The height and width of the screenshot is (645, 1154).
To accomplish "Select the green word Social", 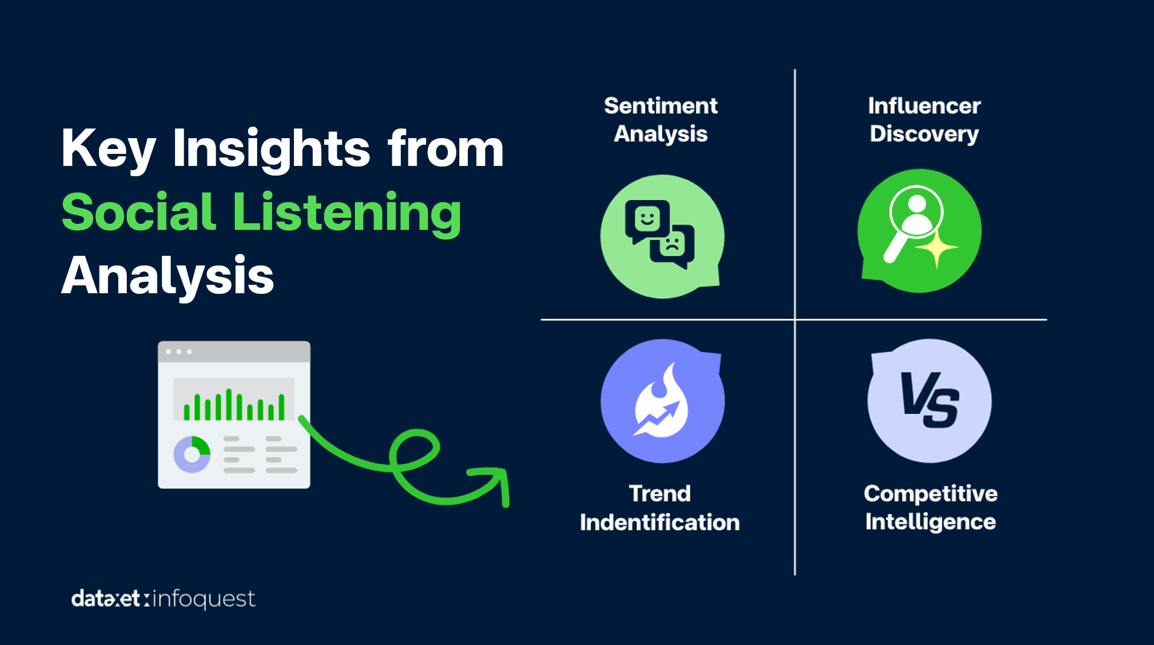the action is coord(139,212).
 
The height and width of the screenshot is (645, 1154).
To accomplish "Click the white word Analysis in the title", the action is coord(168,276).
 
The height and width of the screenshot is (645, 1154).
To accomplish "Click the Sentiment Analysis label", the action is coord(661,120).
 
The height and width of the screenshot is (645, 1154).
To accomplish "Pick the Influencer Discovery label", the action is coord(924,120).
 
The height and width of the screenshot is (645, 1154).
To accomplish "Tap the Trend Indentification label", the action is coord(660,508).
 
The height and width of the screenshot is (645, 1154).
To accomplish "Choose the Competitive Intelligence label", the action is coord(930,508).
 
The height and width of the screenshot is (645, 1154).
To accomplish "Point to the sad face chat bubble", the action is coord(672,247).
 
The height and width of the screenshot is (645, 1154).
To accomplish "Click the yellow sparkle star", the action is coord(936,249).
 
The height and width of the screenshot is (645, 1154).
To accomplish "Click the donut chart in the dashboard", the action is coord(192,454).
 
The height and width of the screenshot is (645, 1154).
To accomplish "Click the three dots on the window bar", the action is coord(179,351).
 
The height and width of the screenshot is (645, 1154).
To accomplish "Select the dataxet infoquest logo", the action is coord(163,599).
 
